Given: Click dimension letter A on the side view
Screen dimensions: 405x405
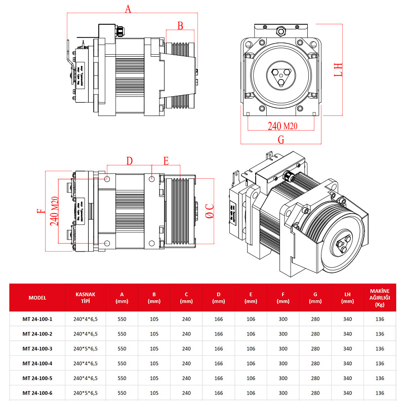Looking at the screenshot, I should click(x=128, y=9).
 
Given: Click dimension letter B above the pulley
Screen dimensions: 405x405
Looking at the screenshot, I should click(x=180, y=25).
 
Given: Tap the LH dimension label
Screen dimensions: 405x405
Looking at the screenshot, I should click(x=338, y=69).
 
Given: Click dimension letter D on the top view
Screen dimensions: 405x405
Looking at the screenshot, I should click(x=130, y=161).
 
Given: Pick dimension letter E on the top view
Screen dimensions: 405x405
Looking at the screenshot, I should click(x=166, y=161).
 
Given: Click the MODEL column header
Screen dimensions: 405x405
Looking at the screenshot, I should click(x=37, y=298).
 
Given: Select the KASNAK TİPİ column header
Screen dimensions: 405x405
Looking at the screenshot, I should click(x=86, y=298).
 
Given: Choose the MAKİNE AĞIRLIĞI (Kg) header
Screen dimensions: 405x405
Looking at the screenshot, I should click(x=380, y=298).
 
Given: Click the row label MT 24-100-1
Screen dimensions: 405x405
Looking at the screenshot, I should click(x=37, y=319).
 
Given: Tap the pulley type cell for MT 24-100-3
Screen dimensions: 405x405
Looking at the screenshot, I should click(x=86, y=349).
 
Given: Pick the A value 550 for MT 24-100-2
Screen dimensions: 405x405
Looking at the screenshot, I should click(x=121, y=334).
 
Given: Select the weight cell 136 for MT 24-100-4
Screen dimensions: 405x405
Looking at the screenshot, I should click(x=380, y=363).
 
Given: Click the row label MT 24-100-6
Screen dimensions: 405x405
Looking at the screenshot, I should click(x=37, y=393).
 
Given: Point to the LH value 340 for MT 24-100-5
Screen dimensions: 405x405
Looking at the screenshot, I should click(x=347, y=378).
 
